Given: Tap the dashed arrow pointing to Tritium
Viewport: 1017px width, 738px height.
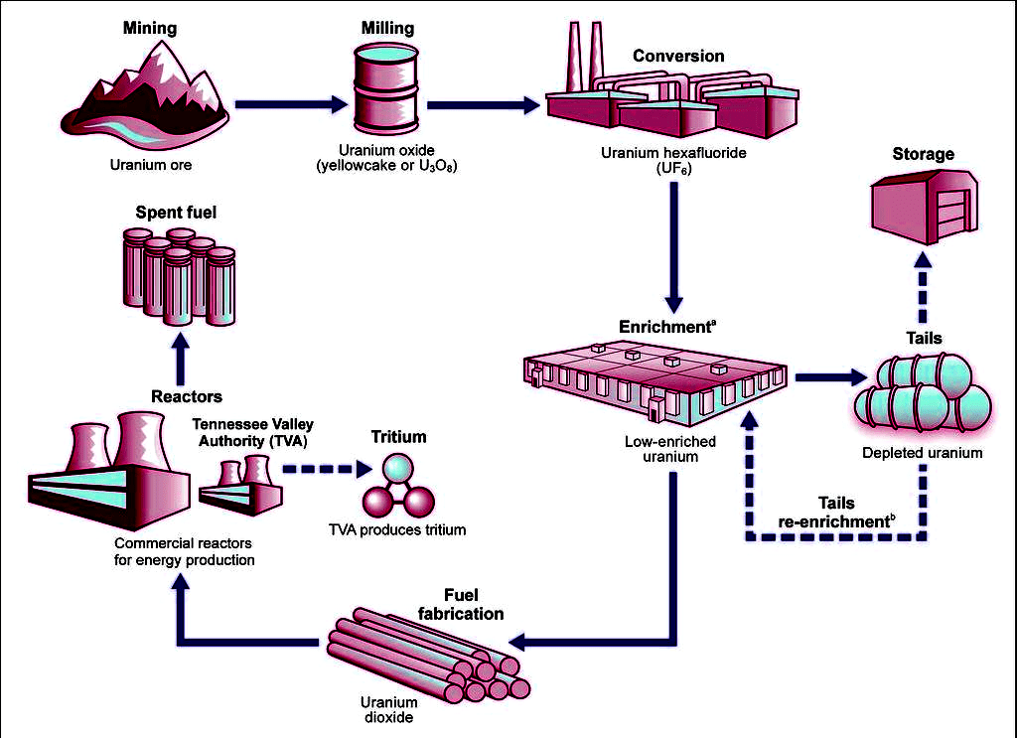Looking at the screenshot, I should pyautogui.click(x=321, y=466).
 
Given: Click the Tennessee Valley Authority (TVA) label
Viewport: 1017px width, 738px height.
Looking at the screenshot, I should pyautogui.click(x=252, y=433).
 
